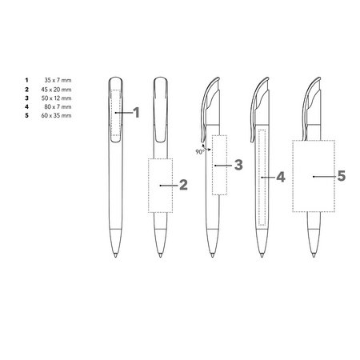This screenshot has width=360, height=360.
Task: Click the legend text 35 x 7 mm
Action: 58,80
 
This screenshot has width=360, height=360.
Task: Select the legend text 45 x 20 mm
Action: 56,90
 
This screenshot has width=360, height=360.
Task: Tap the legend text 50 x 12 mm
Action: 56,98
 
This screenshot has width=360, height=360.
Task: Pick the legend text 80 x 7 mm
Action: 58,106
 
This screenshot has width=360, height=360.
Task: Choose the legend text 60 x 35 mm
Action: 56,115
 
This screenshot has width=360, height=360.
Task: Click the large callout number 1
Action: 137,113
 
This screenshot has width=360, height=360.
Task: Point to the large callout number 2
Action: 183,185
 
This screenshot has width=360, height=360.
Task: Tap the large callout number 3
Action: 238,165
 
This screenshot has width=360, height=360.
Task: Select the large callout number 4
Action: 281,177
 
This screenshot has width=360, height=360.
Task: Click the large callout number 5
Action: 342,176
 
